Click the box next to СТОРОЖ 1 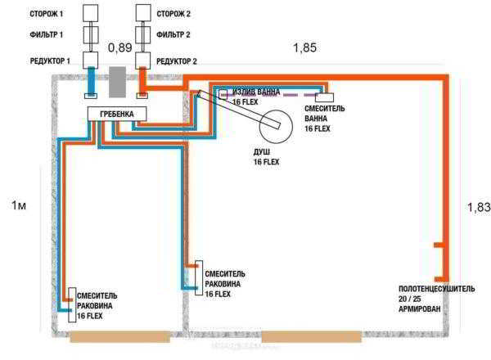click(x=91, y=13)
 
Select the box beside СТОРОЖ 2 click(x=143, y=13)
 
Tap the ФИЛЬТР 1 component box click(x=91, y=34)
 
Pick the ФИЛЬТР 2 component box click(x=143, y=34)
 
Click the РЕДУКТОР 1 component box click(x=91, y=60)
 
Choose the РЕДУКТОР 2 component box click(x=143, y=60)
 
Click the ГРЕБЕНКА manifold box click(x=117, y=114)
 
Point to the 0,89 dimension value click(x=120, y=48)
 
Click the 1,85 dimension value click(x=304, y=48)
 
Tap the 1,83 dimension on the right click(x=479, y=207)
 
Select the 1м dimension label click(x=19, y=205)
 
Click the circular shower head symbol click(x=276, y=127)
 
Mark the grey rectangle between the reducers click(x=117, y=82)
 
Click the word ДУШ click(x=262, y=152)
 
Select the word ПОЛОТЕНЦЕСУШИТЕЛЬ click(x=436, y=289)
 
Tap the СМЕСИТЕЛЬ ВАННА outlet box click(x=324, y=97)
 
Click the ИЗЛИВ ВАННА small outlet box click(x=223, y=95)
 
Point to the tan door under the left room click(x=120, y=337)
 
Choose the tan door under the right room click(x=311, y=337)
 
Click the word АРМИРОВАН click(x=420, y=309)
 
